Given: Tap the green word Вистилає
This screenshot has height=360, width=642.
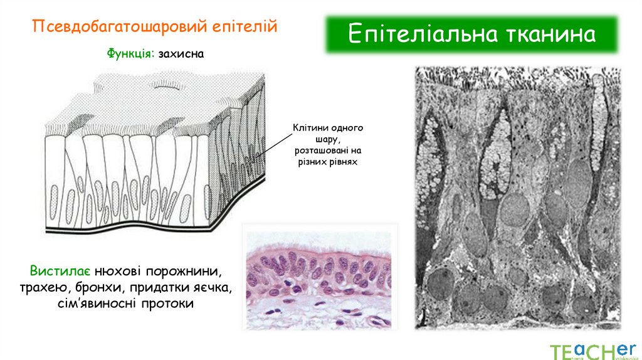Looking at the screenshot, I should coord(61,272).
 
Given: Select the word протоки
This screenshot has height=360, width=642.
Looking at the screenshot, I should coord(167,304).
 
